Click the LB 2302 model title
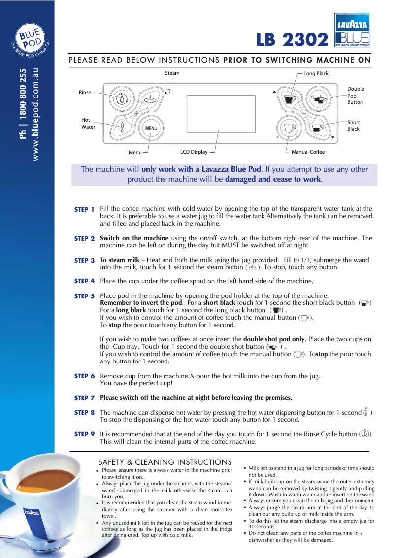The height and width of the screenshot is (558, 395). [292, 39]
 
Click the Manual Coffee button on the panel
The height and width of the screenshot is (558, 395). [290, 128]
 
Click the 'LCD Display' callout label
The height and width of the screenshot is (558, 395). [194, 152]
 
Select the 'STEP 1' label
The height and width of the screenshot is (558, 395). [84, 210]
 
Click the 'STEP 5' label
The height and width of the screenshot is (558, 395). [84, 296]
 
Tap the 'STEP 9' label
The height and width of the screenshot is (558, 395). [84, 434]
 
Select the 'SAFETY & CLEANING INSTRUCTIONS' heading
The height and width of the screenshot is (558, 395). [165, 462]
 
